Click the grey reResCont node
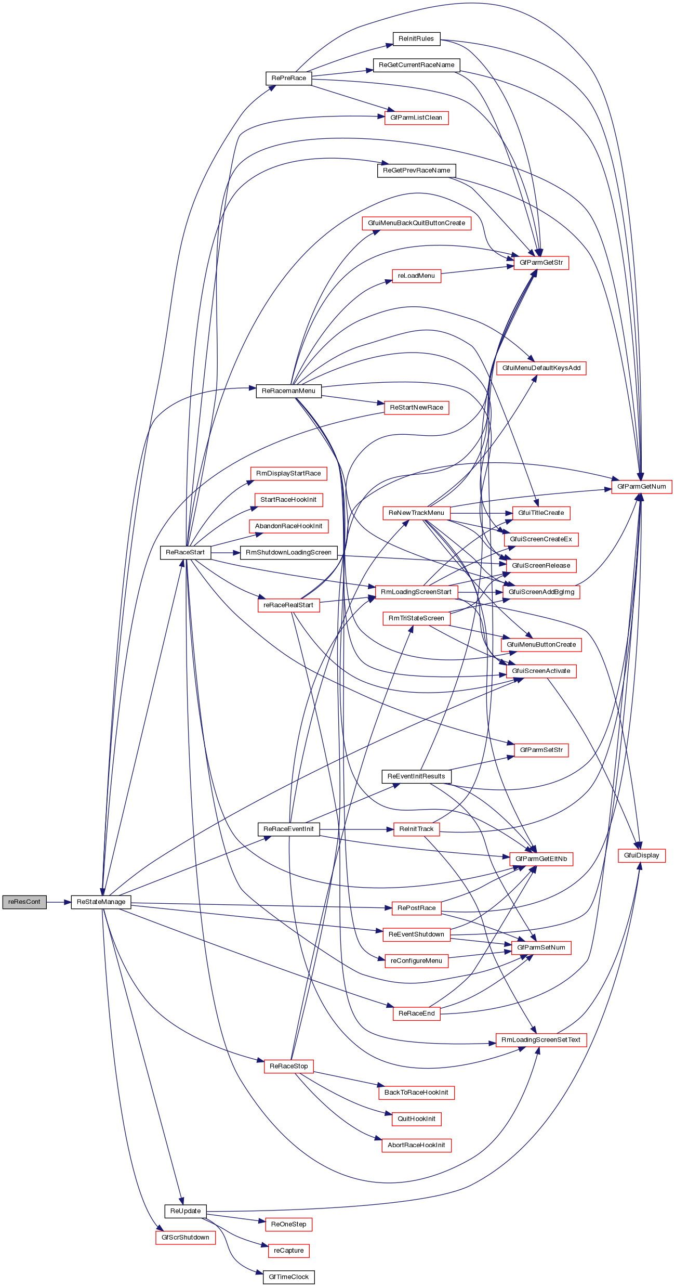click(24, 902)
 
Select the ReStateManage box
click(101, 902)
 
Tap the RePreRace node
click(288, 78)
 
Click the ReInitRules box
click(416, 38)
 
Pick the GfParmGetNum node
click(641, 486)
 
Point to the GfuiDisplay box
click(641, 855)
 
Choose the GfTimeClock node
click(288, 1277)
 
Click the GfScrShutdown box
click(185, 1237)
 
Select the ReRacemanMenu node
click(288, 391)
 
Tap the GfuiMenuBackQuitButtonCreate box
click(416, 223)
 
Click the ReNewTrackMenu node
click(416, 513)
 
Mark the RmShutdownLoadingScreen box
click(288, 552)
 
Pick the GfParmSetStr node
click(541, 750)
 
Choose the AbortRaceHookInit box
click(416, 1145)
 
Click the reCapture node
click(288, 1250)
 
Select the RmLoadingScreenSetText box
click(540, 1039)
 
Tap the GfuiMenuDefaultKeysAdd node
click(541, 368)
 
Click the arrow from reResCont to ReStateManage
click(59, 902)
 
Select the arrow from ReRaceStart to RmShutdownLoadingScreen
click(226, 552)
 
